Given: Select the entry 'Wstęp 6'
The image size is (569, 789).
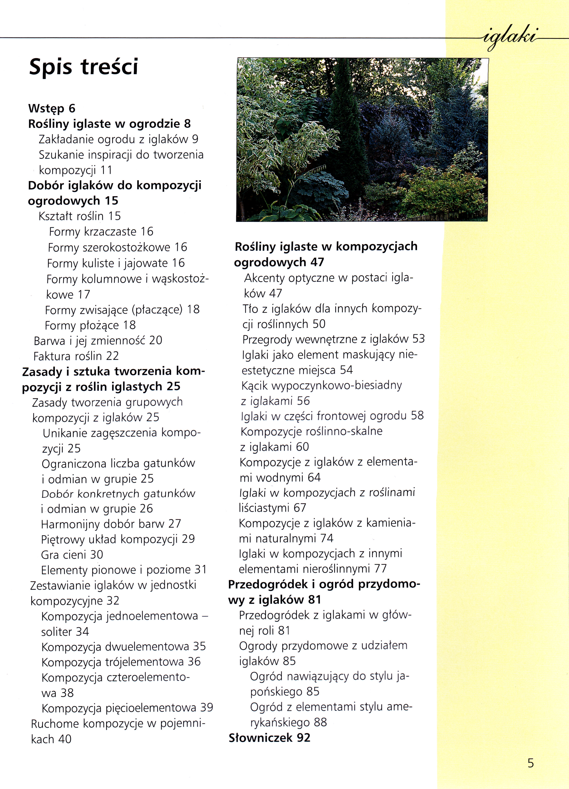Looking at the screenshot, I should click(52, 108).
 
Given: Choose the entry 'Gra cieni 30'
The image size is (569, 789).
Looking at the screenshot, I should click(72, 555).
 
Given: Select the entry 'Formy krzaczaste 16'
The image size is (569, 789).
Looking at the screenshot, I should click(101, 232).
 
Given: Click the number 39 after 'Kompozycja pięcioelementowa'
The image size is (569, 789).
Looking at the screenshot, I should click(207, 708).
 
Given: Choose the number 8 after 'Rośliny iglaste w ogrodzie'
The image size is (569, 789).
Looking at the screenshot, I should click(187, 124).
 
